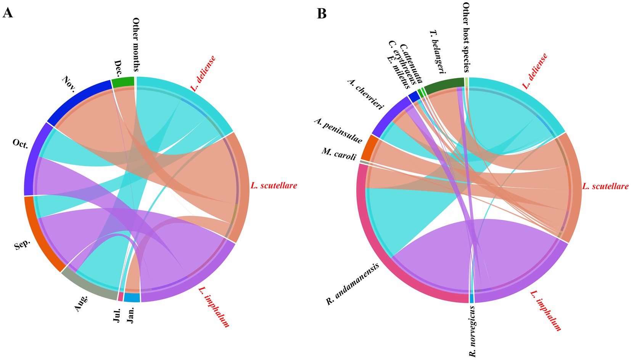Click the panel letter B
pyautogui.click(x=322, y=14)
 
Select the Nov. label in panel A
pyautogui.click(x=69, y=84)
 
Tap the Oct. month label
pyautogui.click(x=20, y=144)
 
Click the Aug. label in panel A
pyautogui.click(x=81, y=303)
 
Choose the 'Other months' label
pyautogui.click(x=136, y=45)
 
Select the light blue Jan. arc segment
pyautogui.click(x=132, y=298)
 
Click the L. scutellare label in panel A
pyautogui.click(x=274, y=186)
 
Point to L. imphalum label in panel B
pyautogui.click(x=546, y=310)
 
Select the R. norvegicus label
pyautogui.click(x=473, y=331)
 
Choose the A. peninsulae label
pyautogui.click(x=338, y=131)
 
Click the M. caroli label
pyautogui.click(x=339, y=153)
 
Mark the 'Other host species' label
pyautogui.click(x=466, y=37)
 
